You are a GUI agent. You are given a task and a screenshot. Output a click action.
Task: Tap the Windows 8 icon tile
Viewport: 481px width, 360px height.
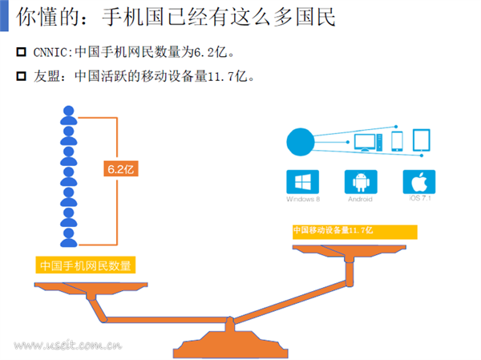302,180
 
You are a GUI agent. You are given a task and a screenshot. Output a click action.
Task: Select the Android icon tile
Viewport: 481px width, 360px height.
361,180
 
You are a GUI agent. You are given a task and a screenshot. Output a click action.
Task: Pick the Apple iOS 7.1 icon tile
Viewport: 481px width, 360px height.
419,180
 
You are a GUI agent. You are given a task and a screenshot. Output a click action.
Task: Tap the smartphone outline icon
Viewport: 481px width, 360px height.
398,141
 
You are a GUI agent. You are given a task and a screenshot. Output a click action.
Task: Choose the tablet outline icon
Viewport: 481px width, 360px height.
422,141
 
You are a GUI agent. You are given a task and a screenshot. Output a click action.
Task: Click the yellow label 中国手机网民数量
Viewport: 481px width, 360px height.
86,265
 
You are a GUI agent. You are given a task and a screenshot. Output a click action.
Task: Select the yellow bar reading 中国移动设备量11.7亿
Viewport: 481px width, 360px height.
354,231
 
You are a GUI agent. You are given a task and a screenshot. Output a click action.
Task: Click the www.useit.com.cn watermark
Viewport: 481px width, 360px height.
67,346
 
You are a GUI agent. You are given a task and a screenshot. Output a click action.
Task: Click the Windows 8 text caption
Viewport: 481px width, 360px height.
302,199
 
